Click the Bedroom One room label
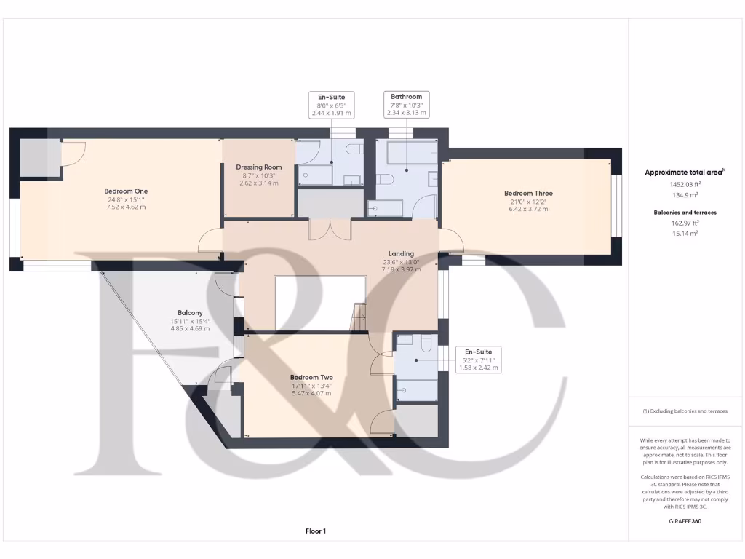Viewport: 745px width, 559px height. click(121, 191)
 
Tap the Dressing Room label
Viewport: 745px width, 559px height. click(258, 167)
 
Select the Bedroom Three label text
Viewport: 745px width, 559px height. click(528, 194)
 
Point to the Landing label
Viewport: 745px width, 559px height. click(401, 254)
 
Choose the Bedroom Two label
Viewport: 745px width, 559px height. click(311, 377)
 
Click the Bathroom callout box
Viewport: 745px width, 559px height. click(406, 105)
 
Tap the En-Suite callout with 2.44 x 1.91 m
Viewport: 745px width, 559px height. click(330, 105)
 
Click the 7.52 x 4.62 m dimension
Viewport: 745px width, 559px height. click(121, 207)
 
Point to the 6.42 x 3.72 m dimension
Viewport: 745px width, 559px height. click(528, 209)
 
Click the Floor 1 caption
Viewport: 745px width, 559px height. click(316, 531)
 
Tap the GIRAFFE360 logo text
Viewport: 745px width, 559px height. click(685, 521)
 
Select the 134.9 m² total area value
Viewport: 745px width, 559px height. click(684, 195)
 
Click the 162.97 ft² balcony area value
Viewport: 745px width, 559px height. click(684, 223)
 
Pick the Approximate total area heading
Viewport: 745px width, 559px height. click(684, 173)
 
